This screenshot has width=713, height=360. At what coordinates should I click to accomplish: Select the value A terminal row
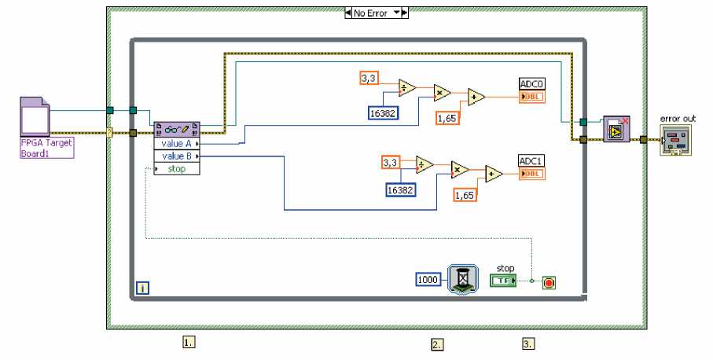point(177,145)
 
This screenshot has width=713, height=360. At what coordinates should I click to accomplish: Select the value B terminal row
point(177,156)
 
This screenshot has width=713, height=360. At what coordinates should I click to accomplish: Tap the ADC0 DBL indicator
point(532,97)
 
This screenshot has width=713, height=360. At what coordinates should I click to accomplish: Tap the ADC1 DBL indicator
point(532,174)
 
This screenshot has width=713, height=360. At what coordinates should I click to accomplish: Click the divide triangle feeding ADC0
point(407,87)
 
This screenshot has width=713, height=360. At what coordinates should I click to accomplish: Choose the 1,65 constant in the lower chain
point(466,194)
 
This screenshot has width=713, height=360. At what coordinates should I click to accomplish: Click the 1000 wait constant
point(428,279)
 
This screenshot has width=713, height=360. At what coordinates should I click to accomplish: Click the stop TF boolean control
point(503,280)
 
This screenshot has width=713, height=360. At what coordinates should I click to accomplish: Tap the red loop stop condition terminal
point(549,281)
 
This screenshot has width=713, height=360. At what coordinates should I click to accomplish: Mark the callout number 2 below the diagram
point(437,343)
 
